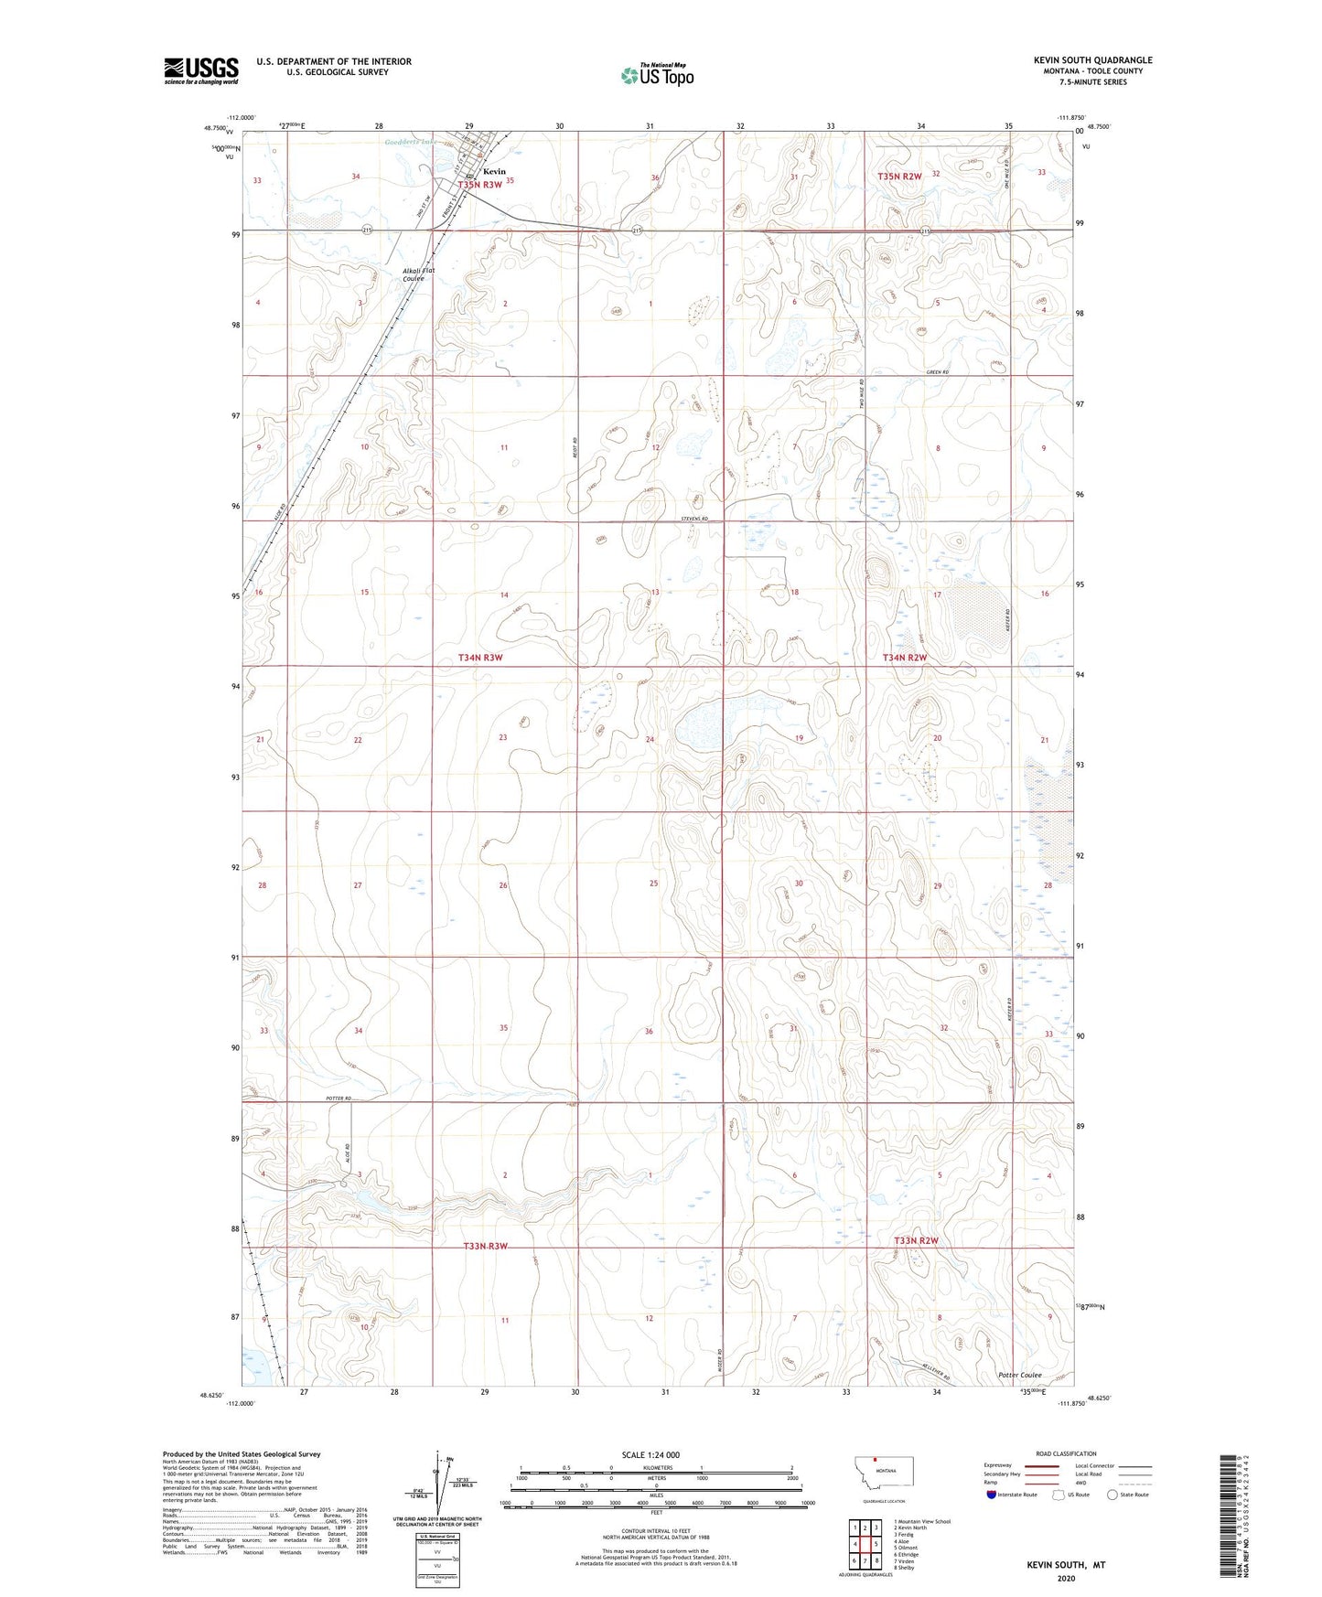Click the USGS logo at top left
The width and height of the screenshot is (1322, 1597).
point(201,70)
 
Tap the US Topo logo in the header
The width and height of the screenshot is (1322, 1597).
point(657,75)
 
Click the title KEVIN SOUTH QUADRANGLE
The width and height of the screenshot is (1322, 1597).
point(1093,60)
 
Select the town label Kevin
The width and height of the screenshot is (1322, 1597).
point(494,171)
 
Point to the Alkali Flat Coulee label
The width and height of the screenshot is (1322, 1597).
point(418,274)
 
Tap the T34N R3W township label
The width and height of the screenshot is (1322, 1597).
point(480,658)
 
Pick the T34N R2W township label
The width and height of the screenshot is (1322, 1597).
point(905,658)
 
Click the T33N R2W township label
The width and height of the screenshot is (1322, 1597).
point(916,1241)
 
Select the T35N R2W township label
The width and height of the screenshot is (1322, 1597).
point(899,176)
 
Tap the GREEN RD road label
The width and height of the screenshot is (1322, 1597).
point(938,372)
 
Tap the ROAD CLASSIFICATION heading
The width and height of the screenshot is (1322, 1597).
point(1066,1453)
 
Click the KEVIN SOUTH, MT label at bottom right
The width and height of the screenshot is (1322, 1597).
point(1066,1565)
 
